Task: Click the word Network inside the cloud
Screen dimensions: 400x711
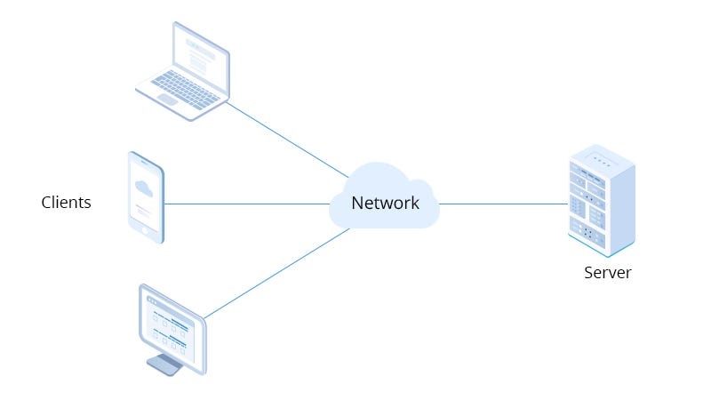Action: coord(385,203)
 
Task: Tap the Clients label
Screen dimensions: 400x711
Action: coord(66,203)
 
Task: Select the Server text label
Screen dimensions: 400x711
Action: coord(607,273)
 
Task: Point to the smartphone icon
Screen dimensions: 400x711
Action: coord(146,197)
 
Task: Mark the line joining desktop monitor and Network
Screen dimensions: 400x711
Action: coord(276,273)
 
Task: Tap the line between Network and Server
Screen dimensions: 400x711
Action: coord(503,204)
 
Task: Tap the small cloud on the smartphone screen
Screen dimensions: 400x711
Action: coord(143,188)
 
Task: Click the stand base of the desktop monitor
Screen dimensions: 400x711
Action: coord(165,364)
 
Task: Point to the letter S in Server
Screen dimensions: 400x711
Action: coord(588,273)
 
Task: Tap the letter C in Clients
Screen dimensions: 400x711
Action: coord(46,203)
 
